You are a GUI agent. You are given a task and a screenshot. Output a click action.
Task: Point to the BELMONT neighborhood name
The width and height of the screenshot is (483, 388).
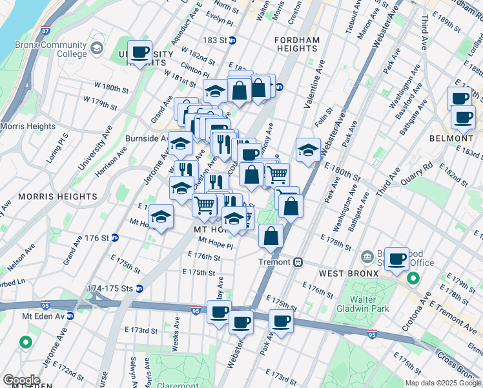point(451,138)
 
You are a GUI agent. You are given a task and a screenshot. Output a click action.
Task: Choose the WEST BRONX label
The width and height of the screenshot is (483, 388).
point(340,274)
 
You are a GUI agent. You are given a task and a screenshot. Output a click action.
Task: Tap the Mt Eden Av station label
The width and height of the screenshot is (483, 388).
point(39,316)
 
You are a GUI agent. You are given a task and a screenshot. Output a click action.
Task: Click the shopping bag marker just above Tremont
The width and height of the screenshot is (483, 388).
point(271,237)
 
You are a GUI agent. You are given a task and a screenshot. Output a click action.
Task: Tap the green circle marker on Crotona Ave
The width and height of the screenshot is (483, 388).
point(413,279)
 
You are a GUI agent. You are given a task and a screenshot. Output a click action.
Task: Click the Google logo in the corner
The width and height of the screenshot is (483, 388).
point(21,380)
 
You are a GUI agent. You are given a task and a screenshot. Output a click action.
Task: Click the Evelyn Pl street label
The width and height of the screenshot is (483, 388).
point(220,21)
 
